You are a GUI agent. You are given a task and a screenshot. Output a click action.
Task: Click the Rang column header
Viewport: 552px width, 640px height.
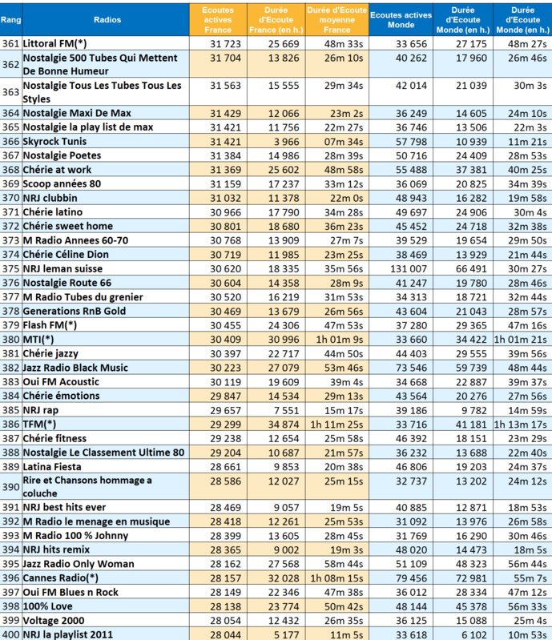[10, 17]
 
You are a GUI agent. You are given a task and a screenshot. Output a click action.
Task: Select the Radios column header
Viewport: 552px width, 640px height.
[107, 17]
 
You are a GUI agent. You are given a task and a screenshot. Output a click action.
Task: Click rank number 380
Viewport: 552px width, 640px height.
[11, 339]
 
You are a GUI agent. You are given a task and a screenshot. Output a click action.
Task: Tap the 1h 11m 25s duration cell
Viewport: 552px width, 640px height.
[336, 424]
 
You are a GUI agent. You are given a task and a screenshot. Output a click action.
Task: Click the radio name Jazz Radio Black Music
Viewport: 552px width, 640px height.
[76, 368]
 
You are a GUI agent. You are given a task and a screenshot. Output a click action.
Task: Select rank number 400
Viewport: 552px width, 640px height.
[11, 634]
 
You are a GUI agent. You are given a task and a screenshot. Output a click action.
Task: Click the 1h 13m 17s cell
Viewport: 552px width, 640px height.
[521, 424]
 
